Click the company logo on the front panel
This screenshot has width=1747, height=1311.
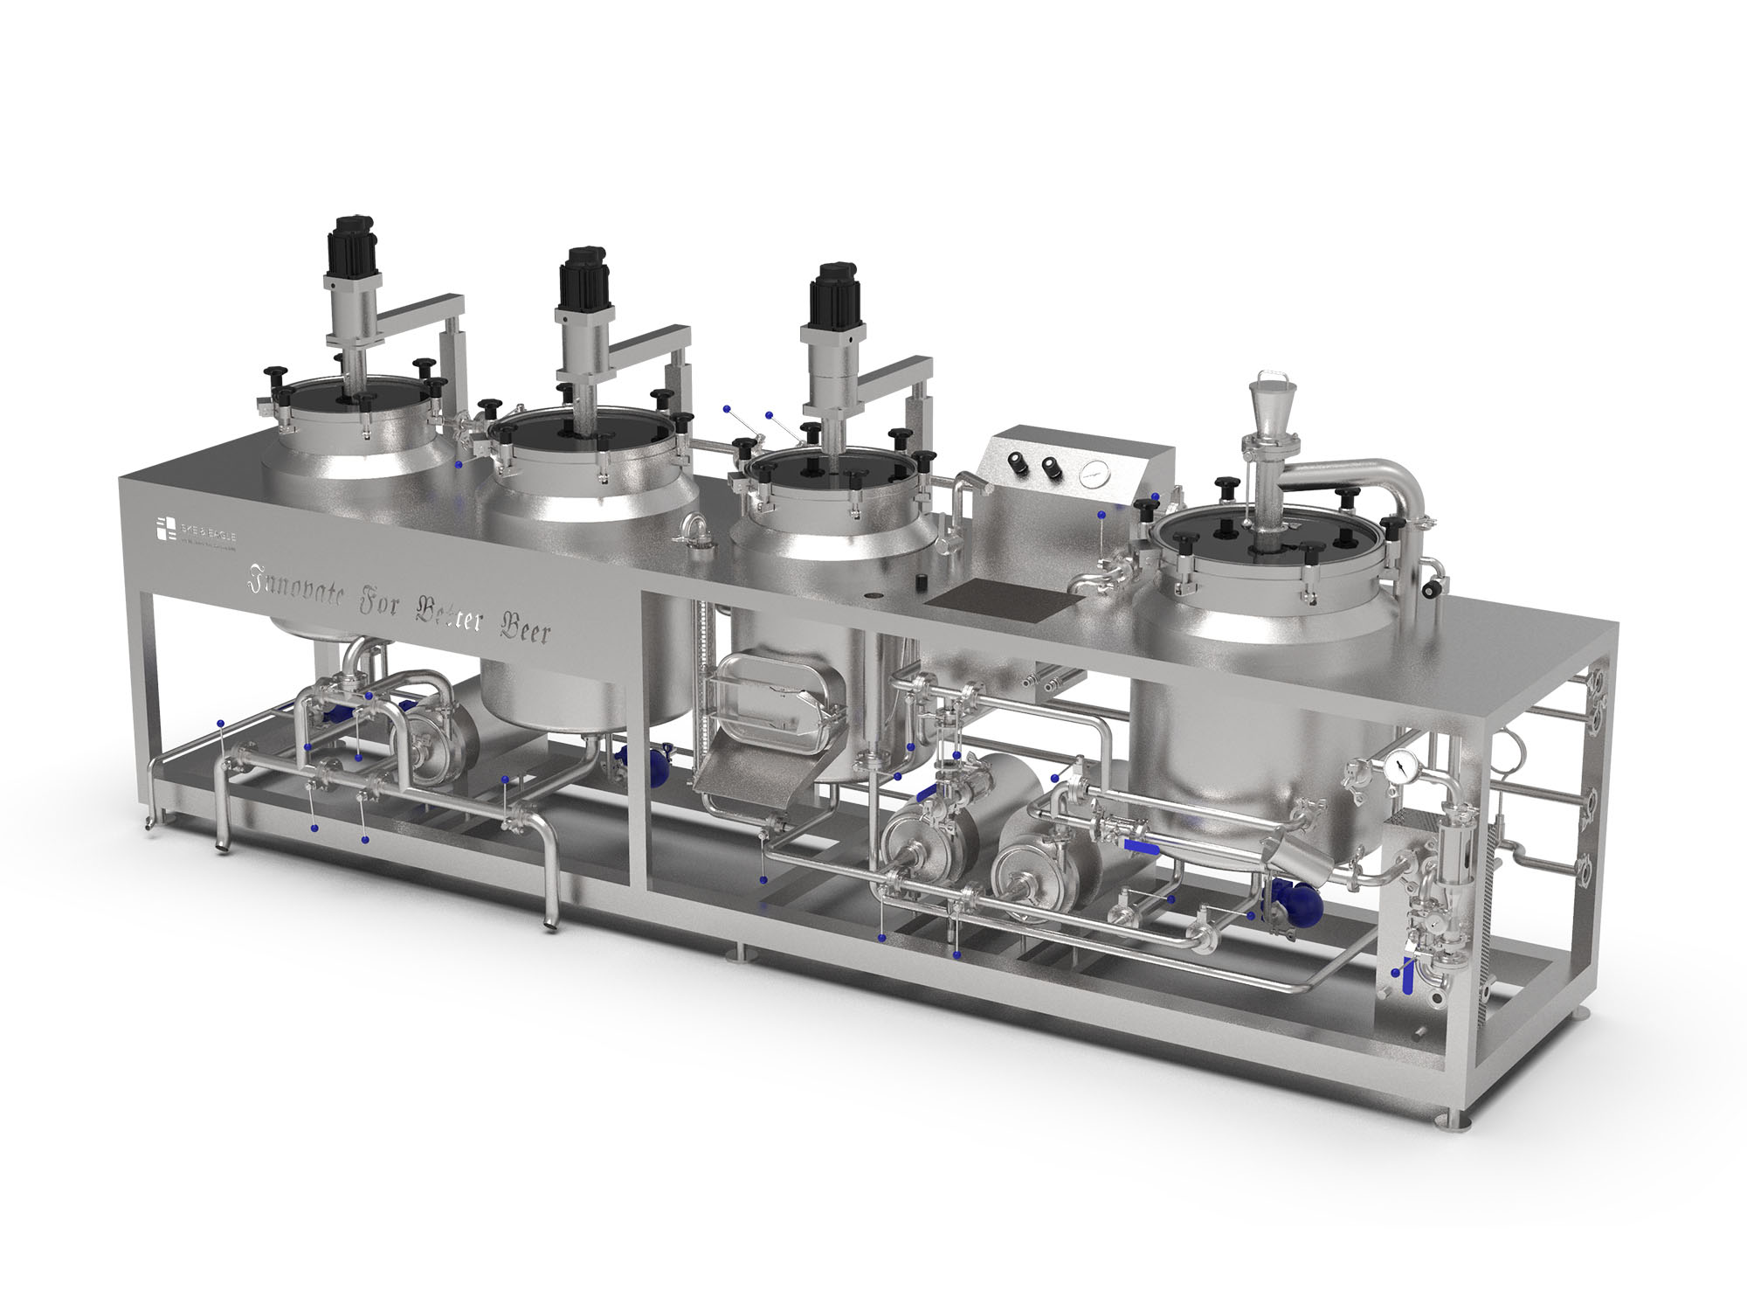[166, 530]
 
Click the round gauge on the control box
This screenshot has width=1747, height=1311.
[1088, 475]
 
